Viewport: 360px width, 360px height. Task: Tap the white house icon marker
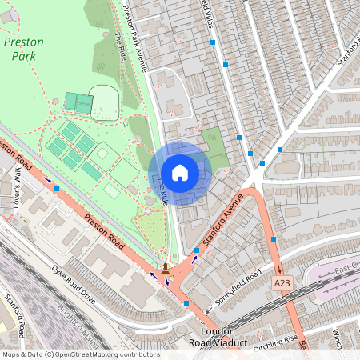coord(180,172)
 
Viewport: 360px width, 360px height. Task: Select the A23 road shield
coord(282,283)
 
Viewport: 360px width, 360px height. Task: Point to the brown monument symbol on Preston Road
coord(165,266)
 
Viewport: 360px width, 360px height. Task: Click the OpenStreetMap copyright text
coord(80,354)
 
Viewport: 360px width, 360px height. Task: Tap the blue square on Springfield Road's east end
coord(274,239)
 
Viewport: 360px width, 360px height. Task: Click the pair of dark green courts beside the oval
coord(78,102)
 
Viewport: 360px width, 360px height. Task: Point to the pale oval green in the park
coord(104,102)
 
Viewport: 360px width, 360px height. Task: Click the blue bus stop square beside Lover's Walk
coord(57,189)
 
